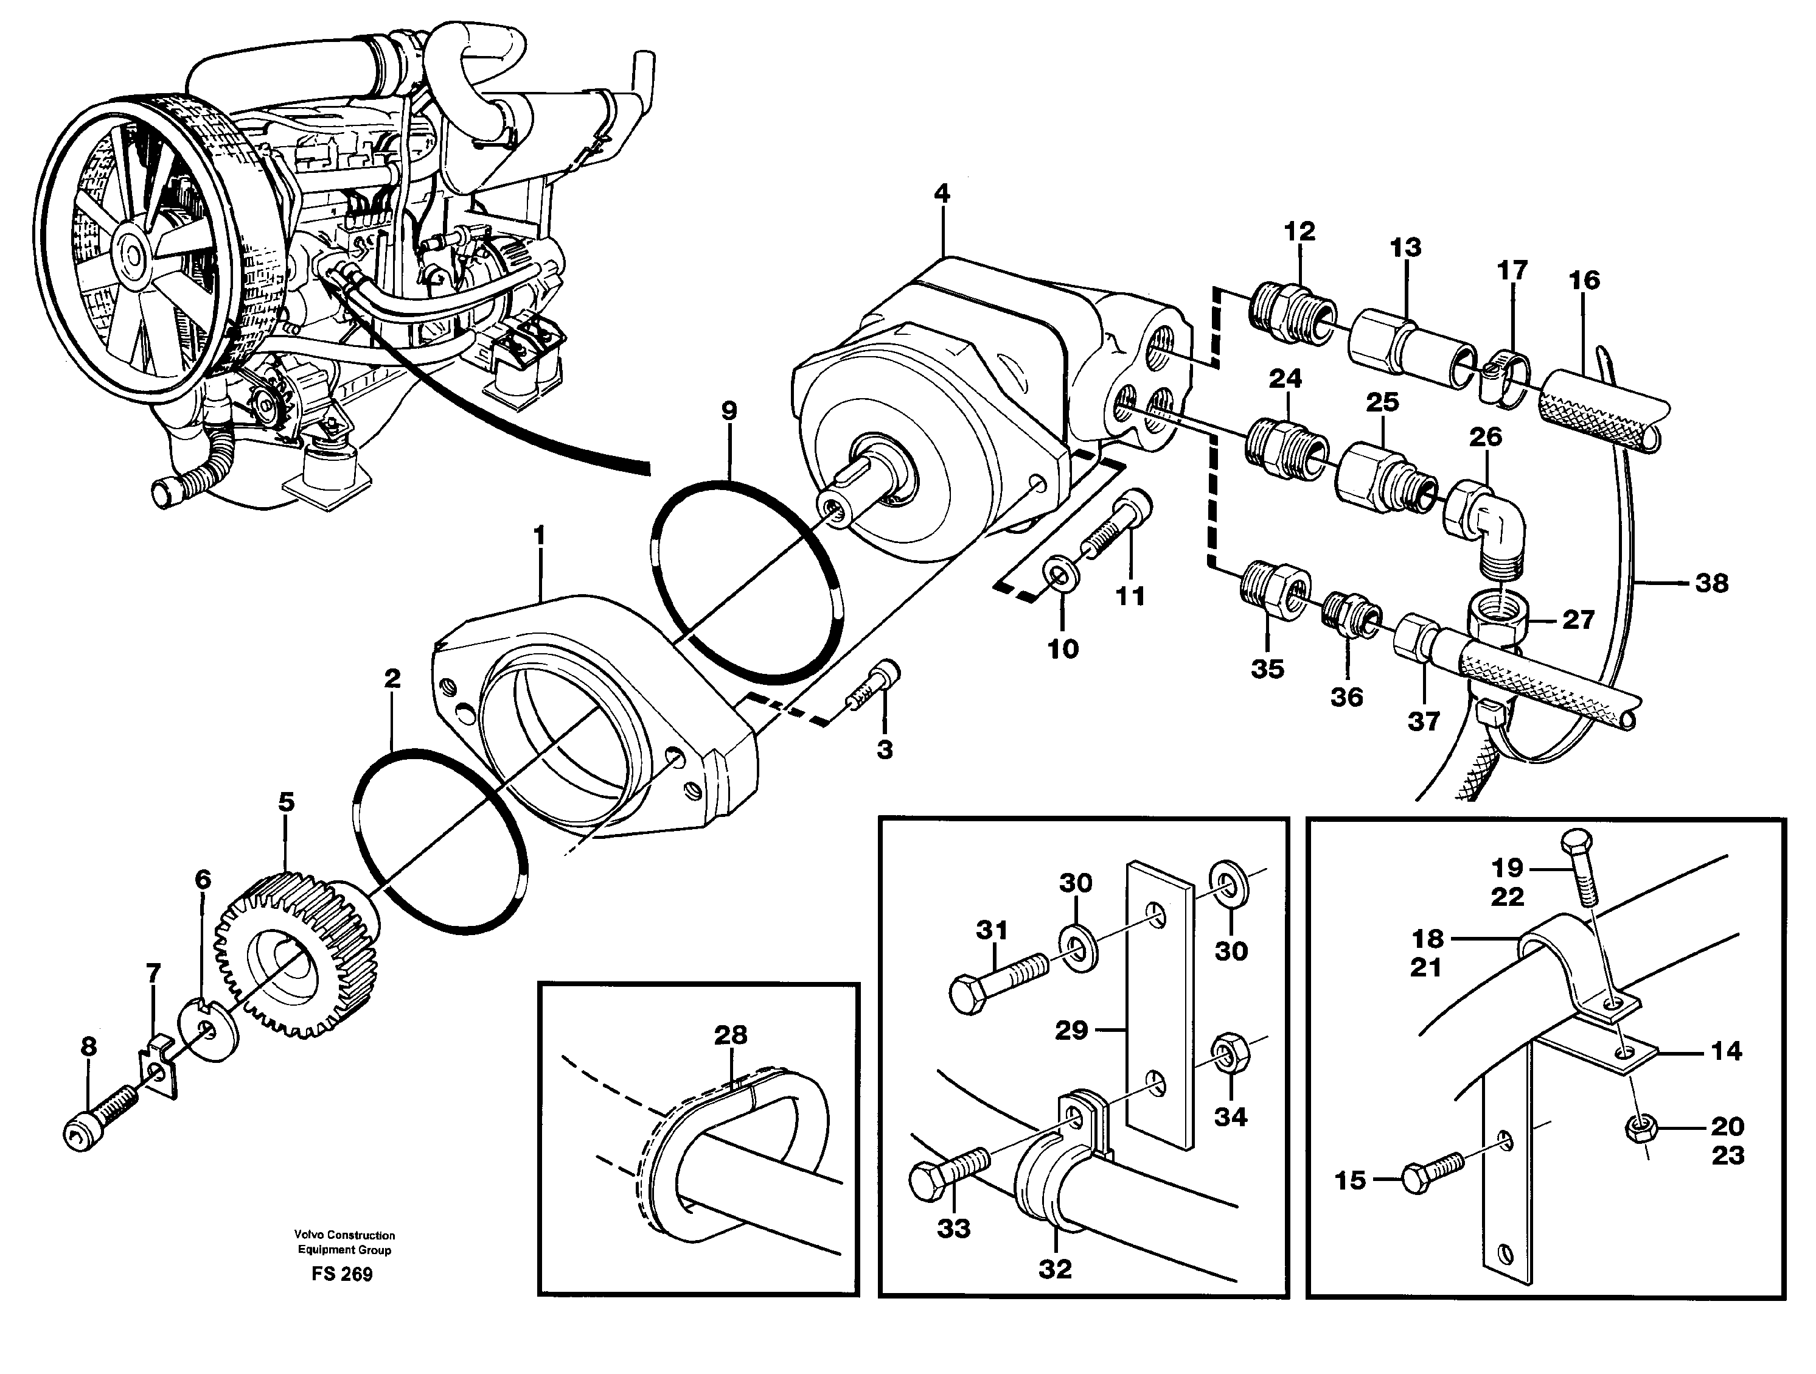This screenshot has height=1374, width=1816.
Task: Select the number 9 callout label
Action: pyautogui.click(x=729, y=411)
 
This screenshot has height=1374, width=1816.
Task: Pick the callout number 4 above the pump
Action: pyautogui.click(x=942, y=194)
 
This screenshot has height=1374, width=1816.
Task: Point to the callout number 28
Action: pyautogui.click(x=730, y=1035)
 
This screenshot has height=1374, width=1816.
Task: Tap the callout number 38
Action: pyautogui.click(x=1712, y=583)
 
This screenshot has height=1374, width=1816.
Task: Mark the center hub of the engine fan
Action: pyautogui.click(x=131, y=247)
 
